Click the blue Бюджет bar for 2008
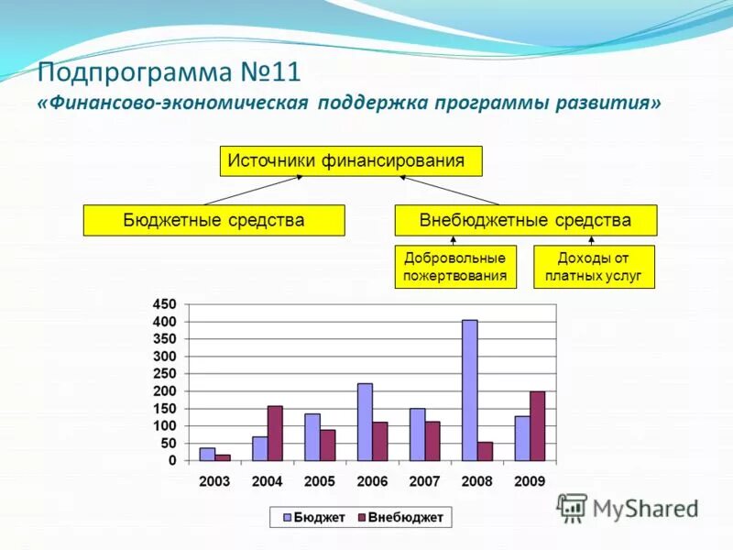pyautogui.click(x=469, y=390)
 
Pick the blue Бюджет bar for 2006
pyautogui.click(x=365, y=422)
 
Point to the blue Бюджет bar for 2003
pyautogui.click(x=207, y=454)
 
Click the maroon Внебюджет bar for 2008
pyautogui.click(x=485, y=451)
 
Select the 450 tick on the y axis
pyautogui.click(x=165, y=304)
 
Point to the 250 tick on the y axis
pyautogui.click(x=165, y=374)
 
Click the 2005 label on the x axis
pyautogui.click(x=320, y=481)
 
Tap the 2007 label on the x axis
pyautogui.click(x=424, y=481)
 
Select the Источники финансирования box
pyautogui.click(x=350, y=161)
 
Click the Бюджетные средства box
pyautogui.click(x=213, y=221)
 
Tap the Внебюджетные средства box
pyautogui.click(x=525, y=221)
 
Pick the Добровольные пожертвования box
pyautogui.click(x=455, y=267)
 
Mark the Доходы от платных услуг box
pyautogui.click(x=594, y=267)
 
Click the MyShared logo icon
pyautogui.click(x=572, y=508)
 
